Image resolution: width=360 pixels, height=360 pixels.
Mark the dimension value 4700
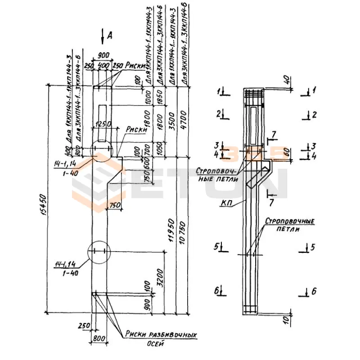pos(183,121)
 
